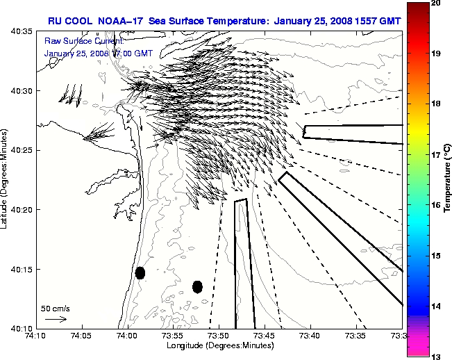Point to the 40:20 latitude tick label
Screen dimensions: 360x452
22,209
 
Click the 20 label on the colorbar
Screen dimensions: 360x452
435,3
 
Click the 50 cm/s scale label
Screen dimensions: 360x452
56,308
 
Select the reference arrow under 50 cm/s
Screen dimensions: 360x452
56,319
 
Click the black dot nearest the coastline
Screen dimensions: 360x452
140,272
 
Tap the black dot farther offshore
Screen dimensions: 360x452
197,286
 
